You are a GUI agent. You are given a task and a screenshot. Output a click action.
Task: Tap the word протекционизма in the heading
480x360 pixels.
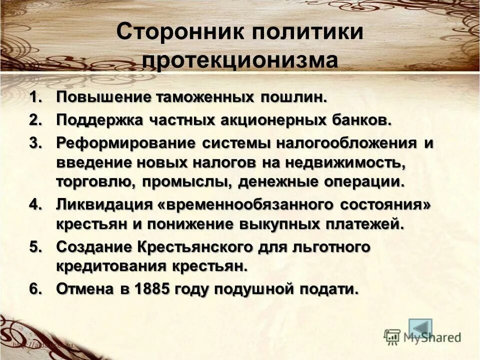[x=240, y=61]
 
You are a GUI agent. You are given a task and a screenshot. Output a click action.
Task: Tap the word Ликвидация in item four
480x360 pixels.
[x=97, y=205]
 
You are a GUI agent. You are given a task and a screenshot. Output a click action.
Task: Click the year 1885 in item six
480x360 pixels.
[x=148, y=288]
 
